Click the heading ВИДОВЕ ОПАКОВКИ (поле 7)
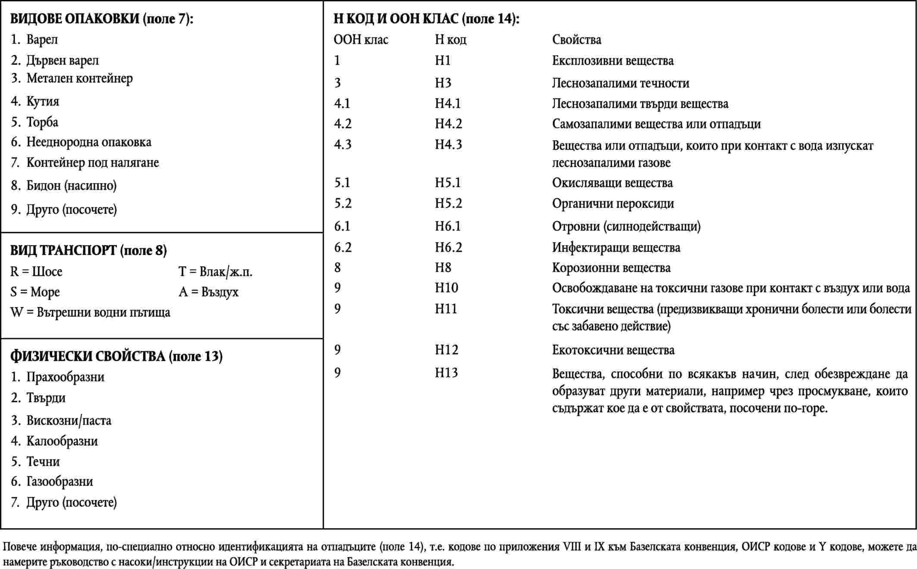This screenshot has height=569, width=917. pyautogui.click(x=102, y=19)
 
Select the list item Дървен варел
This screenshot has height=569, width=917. pyautogui.click(x=62, y=60)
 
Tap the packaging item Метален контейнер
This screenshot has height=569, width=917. pyautogui.click(x=79, y=78)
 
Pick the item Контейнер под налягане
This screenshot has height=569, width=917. pyautogui.click(x=92, y=163)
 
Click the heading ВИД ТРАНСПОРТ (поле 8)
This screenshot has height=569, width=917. pyautogui.click(x=88, y=250)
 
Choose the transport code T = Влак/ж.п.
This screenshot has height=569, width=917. pyautogui.click(x=215, y=272)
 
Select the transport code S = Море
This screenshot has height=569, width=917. pyautogui.click(x=35, y=292)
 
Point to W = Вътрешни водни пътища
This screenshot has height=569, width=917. pyautogui.click(x=90, y=312)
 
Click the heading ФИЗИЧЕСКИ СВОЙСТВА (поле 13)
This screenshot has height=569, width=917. pyautogui.click(x=116, y=356)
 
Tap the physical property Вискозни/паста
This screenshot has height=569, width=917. pyautogui.click(x=69, y=420)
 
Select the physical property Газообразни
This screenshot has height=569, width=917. pyautogui.click(x=59, y=481)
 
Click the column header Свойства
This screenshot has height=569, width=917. pyautogui.click(x=576, y=40)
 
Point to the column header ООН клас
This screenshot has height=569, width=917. pyautogui.click(x=361, y=40)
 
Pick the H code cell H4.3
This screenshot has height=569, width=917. pyautogui.click(x=448, y=144)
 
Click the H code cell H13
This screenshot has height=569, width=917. pyautogui.click(x=446, y=372)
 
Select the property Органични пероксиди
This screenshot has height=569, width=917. pyautogui.click(x=613, y=203)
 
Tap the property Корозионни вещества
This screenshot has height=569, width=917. pyautogui.click(x=611, y=268)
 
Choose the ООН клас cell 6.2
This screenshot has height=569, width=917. pyautogui.click(x=343, y=247)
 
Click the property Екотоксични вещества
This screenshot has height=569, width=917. pyautogui.click(x=613, y=350)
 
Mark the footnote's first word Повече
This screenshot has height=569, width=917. pyautogui.click(x=20, y=547)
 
